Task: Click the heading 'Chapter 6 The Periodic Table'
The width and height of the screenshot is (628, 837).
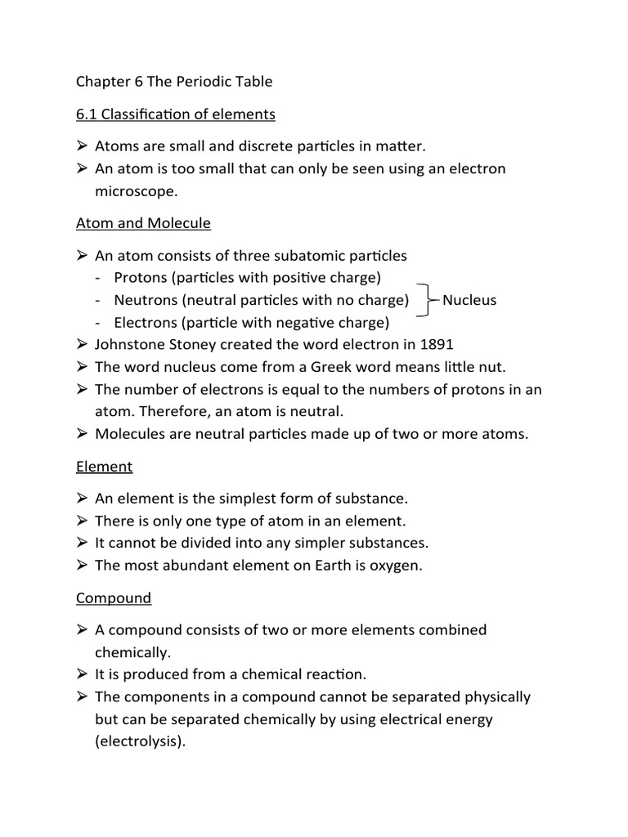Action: point(174,82)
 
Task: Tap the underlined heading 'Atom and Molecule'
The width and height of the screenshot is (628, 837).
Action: point(143,223)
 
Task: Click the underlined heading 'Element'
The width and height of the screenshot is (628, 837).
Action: point(104,467)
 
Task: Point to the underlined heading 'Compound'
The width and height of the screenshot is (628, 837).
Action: point(114,598)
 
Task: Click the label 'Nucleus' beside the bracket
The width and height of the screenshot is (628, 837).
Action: point(469,300)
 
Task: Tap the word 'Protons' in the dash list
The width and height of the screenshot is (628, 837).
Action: point(140,278)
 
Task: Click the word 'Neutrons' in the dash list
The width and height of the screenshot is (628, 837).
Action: point(144,300)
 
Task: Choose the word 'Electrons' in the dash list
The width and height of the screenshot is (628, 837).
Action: point(145,322)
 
